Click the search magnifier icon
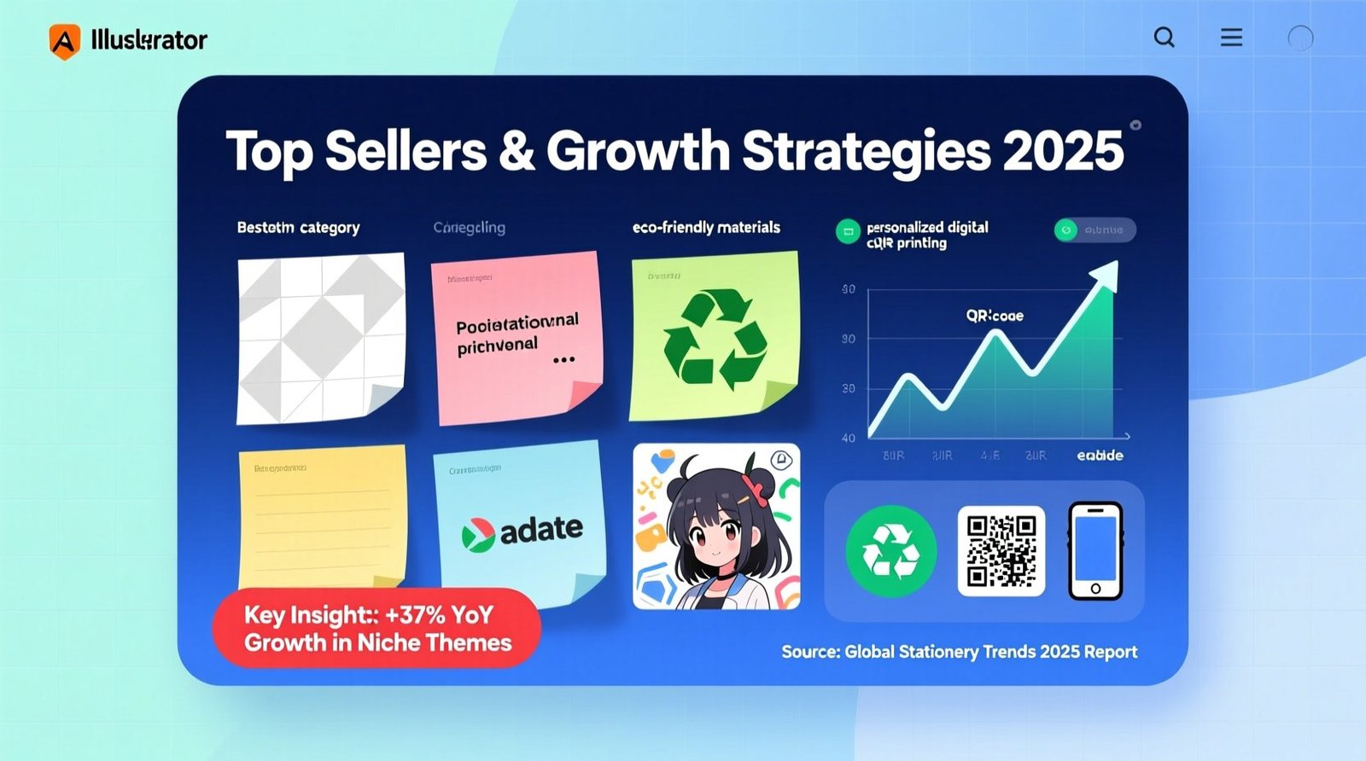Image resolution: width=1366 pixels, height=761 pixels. [x=1164, y=38]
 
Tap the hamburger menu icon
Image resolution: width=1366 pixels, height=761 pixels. [x=1231, y=38]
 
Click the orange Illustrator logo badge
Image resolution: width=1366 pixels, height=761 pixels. [x=65, y=40]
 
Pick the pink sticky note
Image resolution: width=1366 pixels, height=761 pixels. [x=517, y=337]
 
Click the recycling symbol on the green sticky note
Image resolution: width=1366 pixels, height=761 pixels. [x=714, y=339]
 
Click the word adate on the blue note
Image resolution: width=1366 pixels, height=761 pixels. [x=541, y=530]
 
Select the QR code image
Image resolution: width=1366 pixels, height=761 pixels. [x=1001, y=551]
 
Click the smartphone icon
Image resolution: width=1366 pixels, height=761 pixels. [x=1095, y=551]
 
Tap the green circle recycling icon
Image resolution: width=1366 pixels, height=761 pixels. [x=890, y=551]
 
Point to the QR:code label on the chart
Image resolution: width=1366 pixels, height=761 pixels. [x=995, y=316]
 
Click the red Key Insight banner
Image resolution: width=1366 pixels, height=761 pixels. [x=377, y=629]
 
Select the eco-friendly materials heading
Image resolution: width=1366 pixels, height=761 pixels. [x=706, y=228]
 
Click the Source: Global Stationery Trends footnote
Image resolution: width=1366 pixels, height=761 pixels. [x=959, y=652]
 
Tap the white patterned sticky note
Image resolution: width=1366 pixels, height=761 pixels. [x=320, y=339]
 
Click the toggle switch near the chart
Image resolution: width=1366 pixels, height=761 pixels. [x=1095, y=229]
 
